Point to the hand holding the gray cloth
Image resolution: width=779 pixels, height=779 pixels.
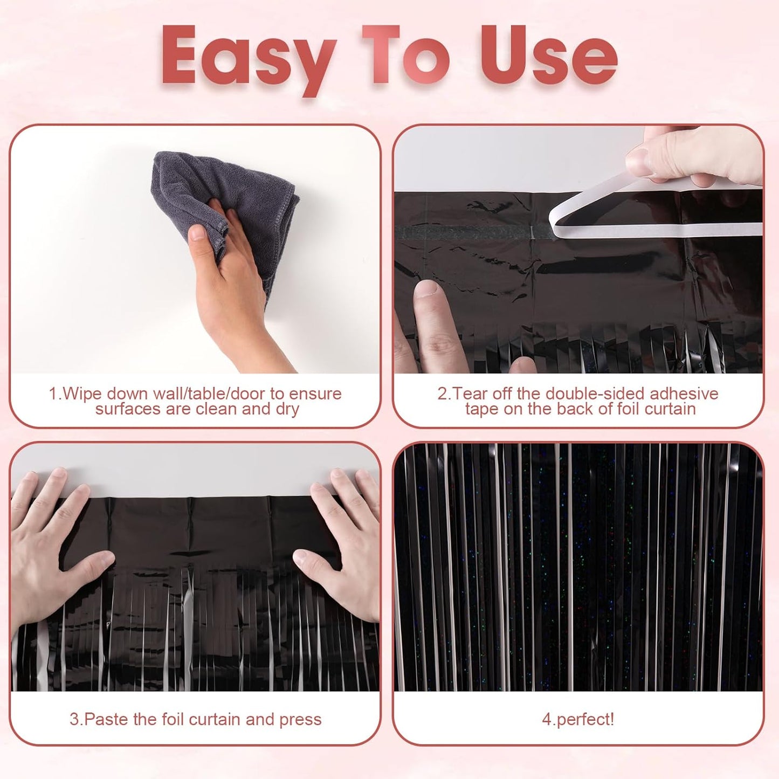point(237,286)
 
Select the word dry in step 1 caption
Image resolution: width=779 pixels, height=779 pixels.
point(287,409)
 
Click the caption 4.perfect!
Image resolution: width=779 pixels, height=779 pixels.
point(578,719)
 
